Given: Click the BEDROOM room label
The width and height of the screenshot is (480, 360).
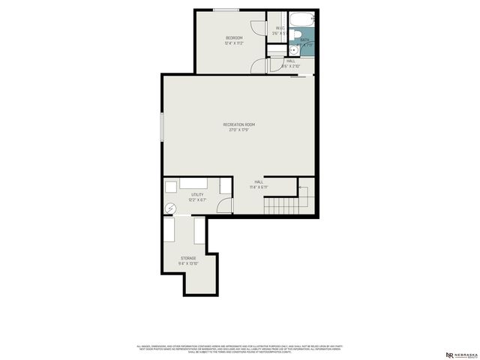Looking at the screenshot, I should (234, 37).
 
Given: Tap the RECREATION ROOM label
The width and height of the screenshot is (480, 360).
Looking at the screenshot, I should (239, 124).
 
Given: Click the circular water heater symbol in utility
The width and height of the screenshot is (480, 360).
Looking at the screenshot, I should (170, 208).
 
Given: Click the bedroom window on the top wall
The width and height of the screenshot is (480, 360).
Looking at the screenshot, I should (226, 10).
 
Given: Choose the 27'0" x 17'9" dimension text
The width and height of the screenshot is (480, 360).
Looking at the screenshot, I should (239, 130).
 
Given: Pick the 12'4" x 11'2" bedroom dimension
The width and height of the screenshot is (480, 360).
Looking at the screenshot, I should (234, 43).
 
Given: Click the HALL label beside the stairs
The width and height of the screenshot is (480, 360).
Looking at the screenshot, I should (259, 181).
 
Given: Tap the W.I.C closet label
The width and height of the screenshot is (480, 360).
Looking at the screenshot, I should (277, 28).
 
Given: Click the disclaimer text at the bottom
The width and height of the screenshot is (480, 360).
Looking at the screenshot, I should (239, 349).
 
